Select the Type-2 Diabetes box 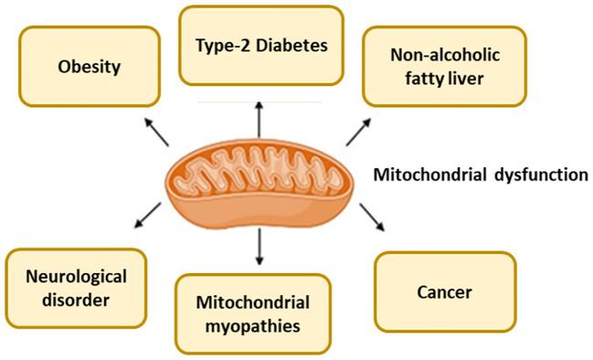260,44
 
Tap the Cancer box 444,292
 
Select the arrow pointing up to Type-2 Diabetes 259,121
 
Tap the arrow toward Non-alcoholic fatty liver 356,132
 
